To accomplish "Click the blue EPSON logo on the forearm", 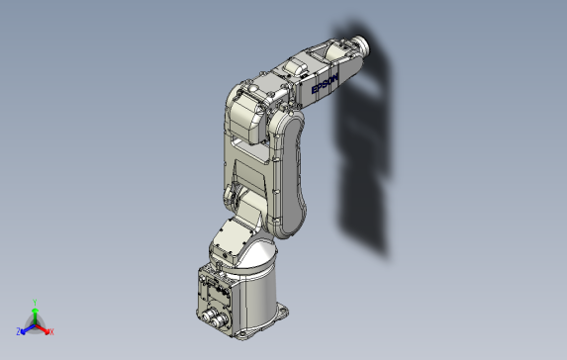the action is coord(325,83).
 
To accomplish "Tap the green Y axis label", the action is coord(35,303).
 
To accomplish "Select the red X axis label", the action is coord(51,331).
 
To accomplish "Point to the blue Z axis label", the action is coord(18,331).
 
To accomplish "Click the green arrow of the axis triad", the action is coord(35,316).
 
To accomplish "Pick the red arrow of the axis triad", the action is coord(43,329).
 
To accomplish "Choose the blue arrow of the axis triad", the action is coord(28,329).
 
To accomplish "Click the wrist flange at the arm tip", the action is coord(362,45).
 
